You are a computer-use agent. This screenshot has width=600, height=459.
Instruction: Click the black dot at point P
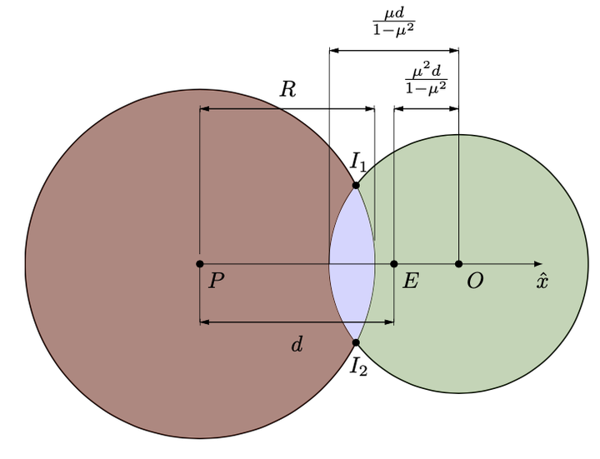coord(199,264)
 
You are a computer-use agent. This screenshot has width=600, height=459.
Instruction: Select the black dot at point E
coord(393,264)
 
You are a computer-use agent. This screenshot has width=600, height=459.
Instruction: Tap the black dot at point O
coord(459,264)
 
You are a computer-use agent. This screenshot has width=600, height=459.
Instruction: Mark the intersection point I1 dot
coord(356,185)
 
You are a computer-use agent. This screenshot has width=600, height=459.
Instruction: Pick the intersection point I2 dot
coord(356,342)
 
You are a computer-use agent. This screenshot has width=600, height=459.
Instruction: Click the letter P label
coord(217,281)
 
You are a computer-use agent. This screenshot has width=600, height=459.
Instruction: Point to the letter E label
coord(411,281)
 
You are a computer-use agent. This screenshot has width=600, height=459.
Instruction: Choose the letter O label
coord(475,281)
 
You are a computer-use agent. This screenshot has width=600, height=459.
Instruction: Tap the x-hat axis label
coord(542,281)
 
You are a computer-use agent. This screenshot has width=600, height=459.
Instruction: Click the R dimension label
coord(287,89)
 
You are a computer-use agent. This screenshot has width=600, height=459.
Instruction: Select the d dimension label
coord(297,344)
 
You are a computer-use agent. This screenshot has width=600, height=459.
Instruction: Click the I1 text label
coord(358,162)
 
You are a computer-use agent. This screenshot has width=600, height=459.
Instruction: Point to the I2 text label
coord(359,367)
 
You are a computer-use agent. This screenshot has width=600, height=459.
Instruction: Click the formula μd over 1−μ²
coord(394,22)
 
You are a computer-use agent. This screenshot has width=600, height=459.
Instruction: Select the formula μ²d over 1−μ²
coord(427,80)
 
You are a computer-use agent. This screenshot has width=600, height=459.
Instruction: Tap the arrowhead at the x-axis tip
coord(538,264)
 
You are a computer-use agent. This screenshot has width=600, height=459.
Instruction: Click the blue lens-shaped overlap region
coord(352,264)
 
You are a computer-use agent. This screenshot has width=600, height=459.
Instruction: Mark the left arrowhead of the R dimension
coord(204,109)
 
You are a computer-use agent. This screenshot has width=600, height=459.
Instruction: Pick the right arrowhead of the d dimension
coord(389,322)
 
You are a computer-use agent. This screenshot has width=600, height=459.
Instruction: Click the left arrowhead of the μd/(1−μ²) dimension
coord(334,51)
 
